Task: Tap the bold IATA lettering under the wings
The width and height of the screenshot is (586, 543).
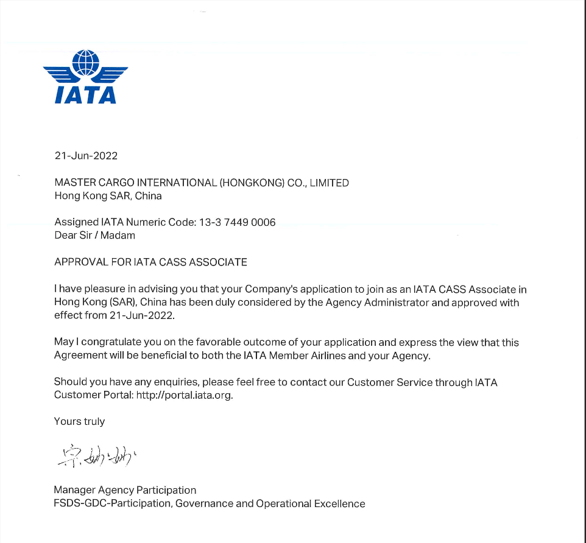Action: point(85,94)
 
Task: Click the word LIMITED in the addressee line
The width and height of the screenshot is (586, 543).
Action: point(329,183)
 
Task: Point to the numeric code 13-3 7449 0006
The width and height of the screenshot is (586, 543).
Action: point(238,222)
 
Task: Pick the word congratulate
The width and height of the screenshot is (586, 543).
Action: point(104,343)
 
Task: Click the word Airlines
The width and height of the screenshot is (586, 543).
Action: point(327,356)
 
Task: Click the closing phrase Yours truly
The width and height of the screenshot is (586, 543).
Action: point(79,421)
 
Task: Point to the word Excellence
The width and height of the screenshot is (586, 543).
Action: point(339,503)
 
